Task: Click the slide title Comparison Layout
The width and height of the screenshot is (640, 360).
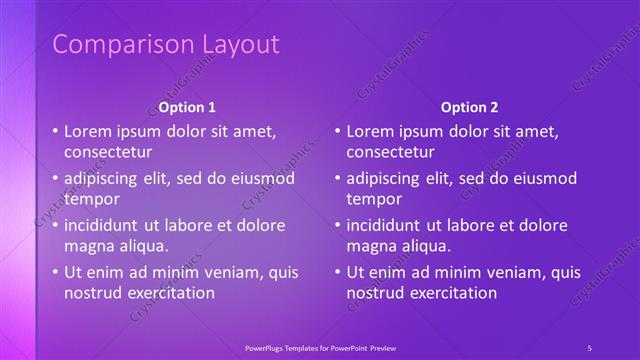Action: click(166, 44)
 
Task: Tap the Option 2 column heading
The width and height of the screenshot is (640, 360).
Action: click(469, 107)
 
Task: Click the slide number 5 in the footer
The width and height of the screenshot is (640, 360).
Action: click(590, 347)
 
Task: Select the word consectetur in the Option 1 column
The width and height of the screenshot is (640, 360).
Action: click(108, 152)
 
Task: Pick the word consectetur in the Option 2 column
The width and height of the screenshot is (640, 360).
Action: click(390, 152)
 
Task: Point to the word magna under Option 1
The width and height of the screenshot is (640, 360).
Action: click(89, 246)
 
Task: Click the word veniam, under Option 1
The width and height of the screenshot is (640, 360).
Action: click(235, 272)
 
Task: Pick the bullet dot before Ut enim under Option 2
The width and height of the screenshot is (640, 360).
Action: click(338, 272)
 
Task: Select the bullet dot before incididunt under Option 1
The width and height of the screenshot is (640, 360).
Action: click(56, 225)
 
